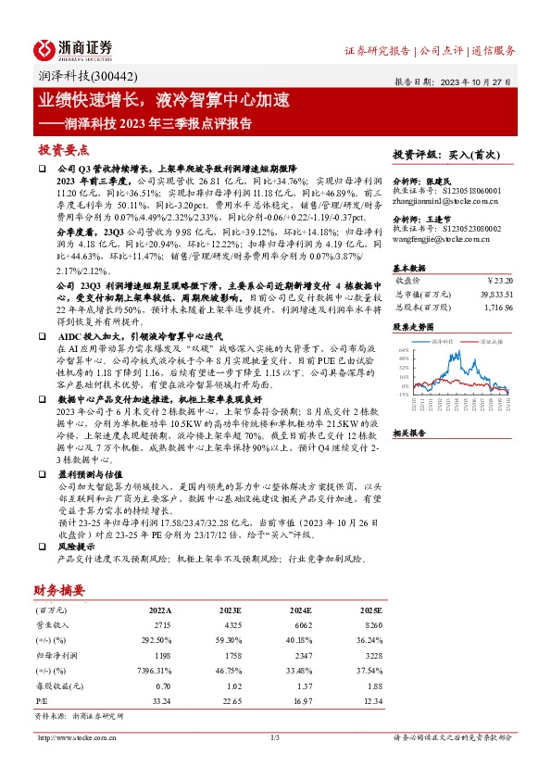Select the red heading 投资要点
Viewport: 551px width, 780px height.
64,149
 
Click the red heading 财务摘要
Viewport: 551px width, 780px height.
60,589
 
